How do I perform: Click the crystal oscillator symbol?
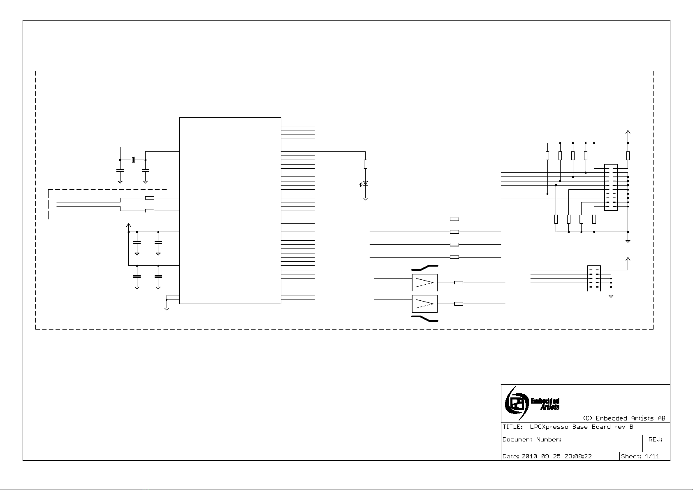[132, 160]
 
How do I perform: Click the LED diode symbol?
[365, 183]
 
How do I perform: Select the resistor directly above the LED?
[365, 164]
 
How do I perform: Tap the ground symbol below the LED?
[365, 199]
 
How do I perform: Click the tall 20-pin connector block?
[611, 187]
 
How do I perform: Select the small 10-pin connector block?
[594, 279]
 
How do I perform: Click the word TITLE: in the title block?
[512, 427]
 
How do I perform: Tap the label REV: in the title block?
[655, 439]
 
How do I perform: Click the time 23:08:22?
[577, 456]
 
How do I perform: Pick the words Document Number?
[531, 439]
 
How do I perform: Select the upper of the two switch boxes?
[424, 283]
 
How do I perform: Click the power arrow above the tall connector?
[628, 132]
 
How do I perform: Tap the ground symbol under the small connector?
[611, 295]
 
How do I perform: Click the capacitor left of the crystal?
[120, 170]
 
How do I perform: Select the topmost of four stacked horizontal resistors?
[454, 219]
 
